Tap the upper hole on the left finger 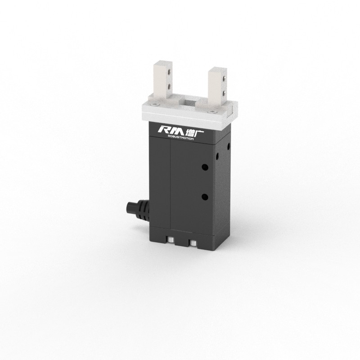tap(169, 72)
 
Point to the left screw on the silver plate tap(155, 104)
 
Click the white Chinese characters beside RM tap(185, 130)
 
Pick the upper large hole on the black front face tap(205, 167)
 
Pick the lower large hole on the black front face tap(205, 197)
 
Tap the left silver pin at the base tap(171, 242)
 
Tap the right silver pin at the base tap(193, 243)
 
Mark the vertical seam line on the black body tap(171, 184)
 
